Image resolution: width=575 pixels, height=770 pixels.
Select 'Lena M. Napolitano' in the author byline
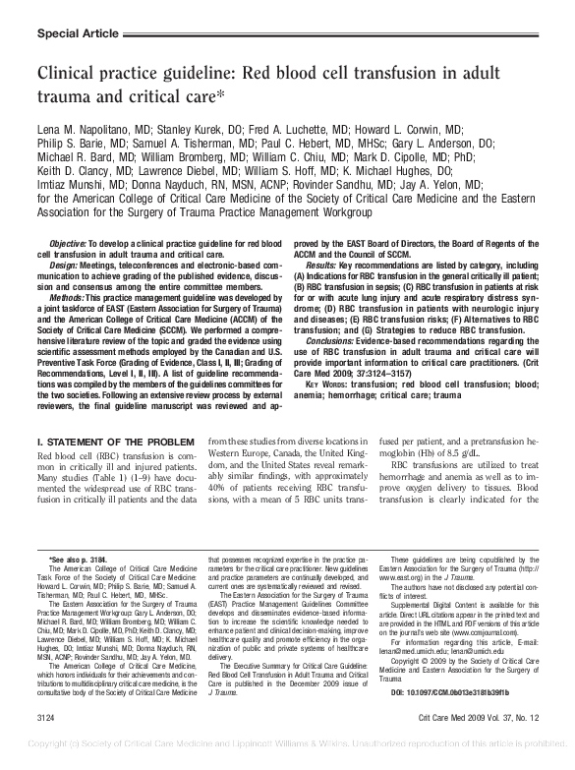pyautogui.click(x=86, y=130)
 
